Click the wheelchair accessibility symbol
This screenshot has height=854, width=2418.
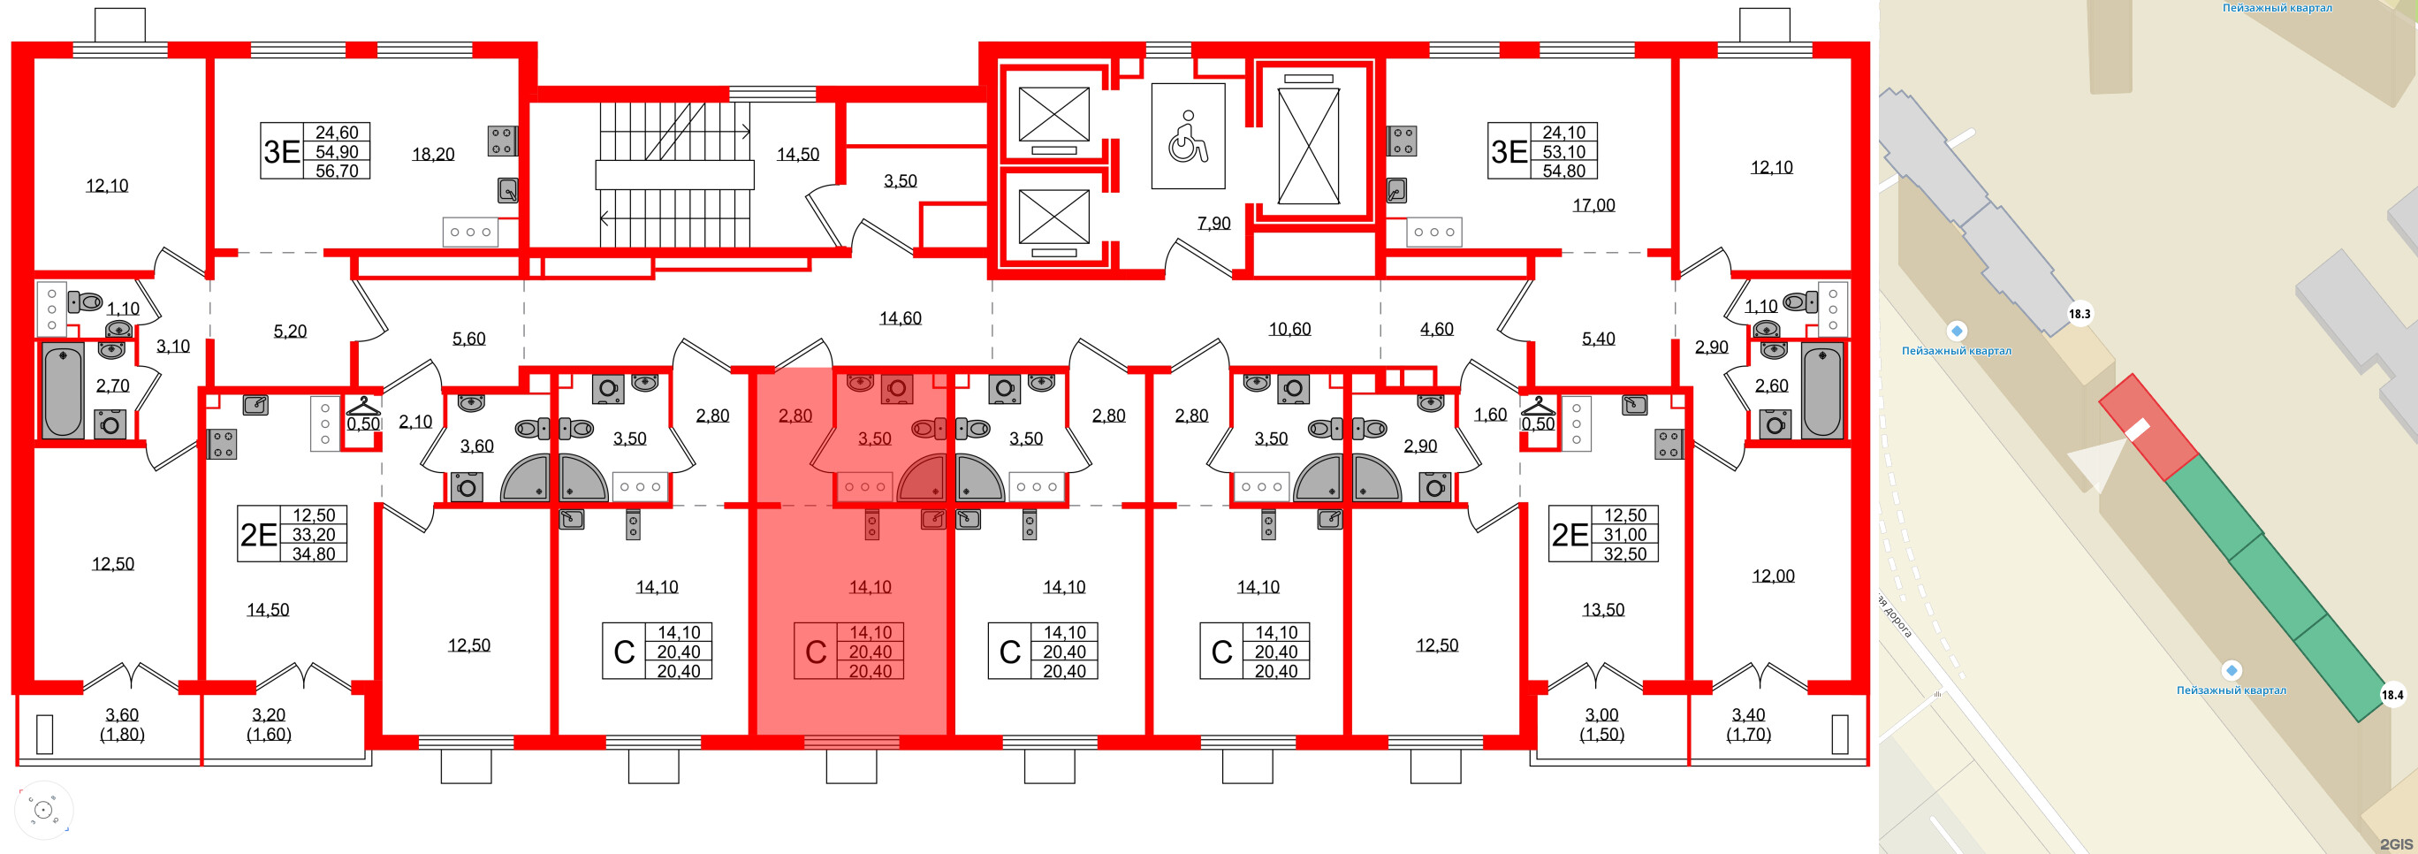(1188, 137)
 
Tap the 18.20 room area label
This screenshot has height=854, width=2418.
(433, 154)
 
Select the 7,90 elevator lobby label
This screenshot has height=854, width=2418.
(1213, 224)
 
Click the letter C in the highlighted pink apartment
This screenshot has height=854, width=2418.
(816, 652)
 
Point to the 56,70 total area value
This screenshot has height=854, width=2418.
(337, 171)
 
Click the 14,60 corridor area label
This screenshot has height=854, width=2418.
(901, 318)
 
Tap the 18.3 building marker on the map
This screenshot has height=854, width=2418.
(2080, 314)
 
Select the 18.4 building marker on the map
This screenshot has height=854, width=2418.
(2391, 695)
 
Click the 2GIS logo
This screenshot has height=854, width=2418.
(2393, 843)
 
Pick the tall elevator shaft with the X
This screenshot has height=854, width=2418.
(1309, 147)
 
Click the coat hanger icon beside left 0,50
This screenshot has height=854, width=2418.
(363, 407)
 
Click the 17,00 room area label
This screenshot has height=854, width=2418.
(1593, 204)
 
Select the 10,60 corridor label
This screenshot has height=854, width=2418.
(1289, 329)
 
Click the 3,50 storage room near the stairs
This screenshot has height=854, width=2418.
(901, 181)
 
